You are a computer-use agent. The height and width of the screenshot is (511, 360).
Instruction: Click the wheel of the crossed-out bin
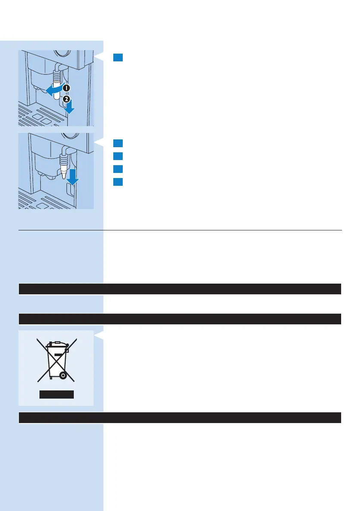63,375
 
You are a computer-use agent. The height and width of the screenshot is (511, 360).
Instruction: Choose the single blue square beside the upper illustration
118,57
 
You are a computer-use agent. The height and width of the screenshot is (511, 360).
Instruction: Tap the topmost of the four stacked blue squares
118,143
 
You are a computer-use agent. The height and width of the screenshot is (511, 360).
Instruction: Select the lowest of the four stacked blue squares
118,181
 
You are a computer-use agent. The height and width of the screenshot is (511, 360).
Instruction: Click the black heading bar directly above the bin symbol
180,319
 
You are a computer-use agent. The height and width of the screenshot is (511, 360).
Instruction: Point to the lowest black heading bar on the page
180,418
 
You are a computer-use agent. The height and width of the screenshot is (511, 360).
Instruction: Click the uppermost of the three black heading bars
180,289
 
